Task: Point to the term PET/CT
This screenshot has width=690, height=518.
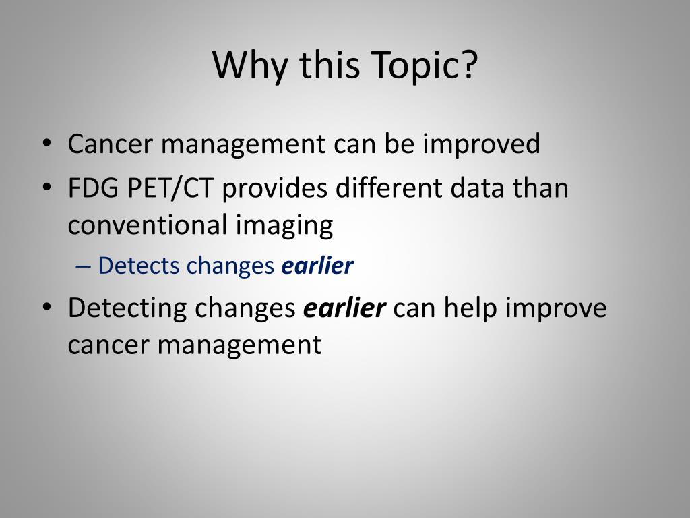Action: [169, 188]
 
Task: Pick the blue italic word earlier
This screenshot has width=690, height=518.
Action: [317, 266]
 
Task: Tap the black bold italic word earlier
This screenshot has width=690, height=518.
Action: [345, 308]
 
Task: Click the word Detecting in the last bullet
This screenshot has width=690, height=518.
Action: [127, 308]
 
